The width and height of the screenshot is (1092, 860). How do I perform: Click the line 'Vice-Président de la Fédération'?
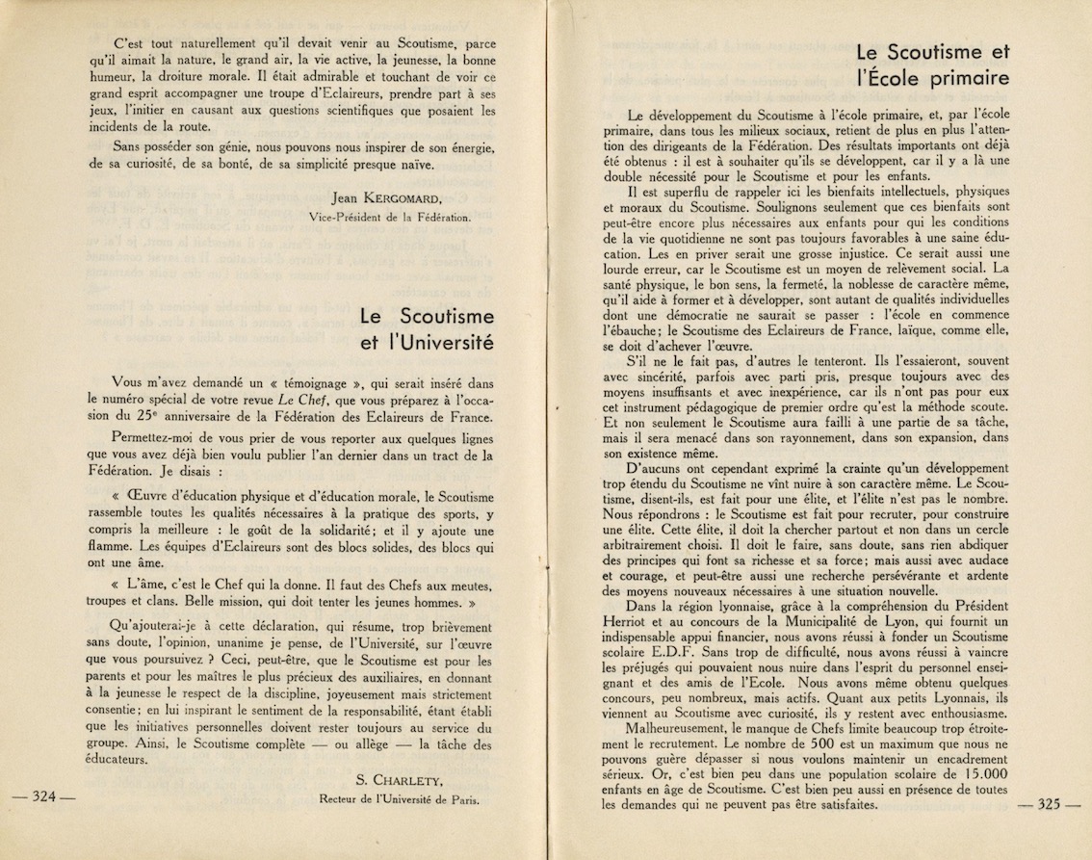point(390,217)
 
